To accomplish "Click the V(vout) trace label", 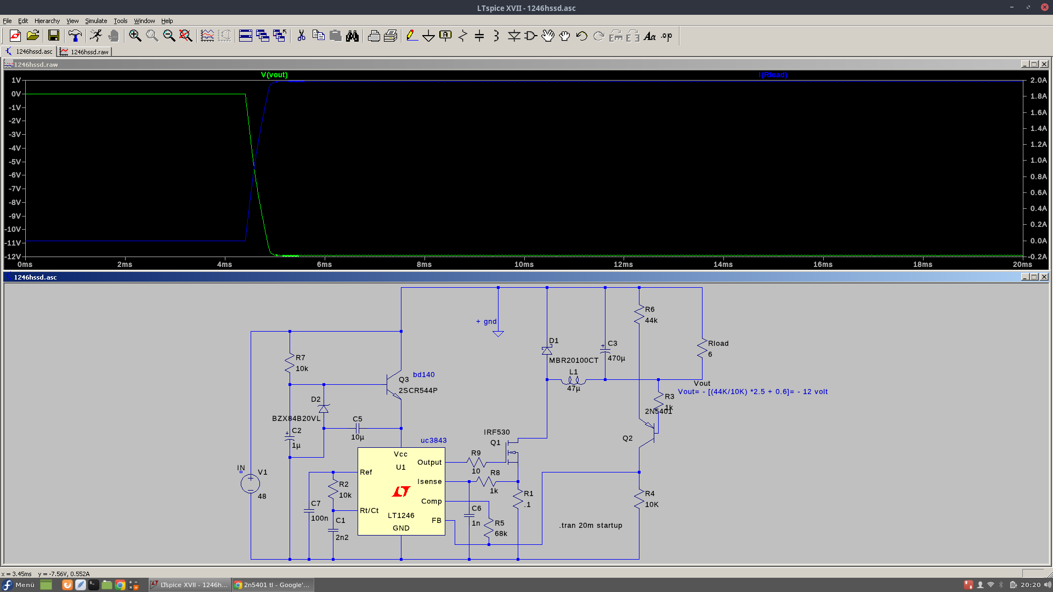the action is tap(274, 75).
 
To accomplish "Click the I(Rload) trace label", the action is tap(773, 75).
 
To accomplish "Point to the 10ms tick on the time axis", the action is tap(524, 264).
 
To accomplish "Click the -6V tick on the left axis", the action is tap(15, 175).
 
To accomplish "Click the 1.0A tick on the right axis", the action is tap(1038, 160).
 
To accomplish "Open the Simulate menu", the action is tap(96, 21).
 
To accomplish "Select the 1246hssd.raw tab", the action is tap(85, 52).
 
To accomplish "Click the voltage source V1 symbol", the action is tap(251, 483).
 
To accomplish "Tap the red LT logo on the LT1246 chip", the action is tap(401, 491).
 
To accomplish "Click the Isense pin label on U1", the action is tap(429, 481).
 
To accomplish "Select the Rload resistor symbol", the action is tap(702, 349).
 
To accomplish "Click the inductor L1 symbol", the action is tap(574, 380).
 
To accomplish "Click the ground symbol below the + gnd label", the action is tap(498, 333).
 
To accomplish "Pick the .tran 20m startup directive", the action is tap(591, 525).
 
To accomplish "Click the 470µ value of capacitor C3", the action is tap(616, 358).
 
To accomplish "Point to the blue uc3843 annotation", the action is tap(433, 440).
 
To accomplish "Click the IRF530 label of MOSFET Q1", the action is tap(497, 432).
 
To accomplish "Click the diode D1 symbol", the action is tap(547, 350).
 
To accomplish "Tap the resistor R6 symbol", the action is tap(639, 315).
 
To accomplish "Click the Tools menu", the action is tap(121, 21).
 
